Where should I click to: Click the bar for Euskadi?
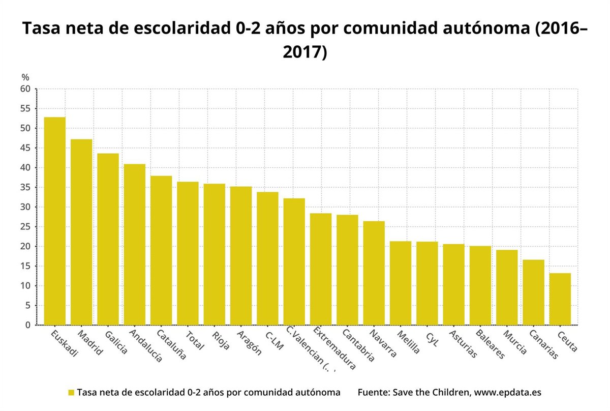point(54,221)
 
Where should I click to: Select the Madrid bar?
point(81,232)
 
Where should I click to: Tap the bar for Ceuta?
point(560,299)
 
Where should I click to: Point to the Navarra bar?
point(374,273)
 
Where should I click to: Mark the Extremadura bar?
point(321,269)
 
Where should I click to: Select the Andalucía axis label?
point(145,346)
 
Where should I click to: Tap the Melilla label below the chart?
point(409,343)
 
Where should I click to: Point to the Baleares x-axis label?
point(490,344)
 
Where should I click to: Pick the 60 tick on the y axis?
point(25,89)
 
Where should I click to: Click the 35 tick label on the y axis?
point(25,188)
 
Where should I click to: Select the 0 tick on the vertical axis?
point(28,325)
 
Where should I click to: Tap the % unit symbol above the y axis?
point(25,77)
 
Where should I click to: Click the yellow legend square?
point(71,393)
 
